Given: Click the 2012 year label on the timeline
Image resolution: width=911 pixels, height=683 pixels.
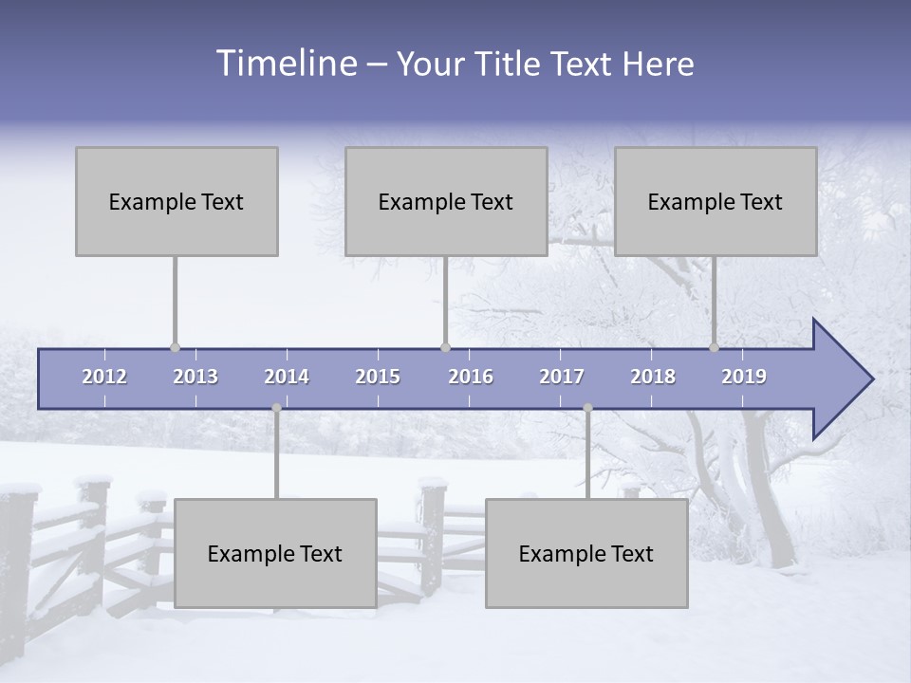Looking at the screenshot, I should (x=104, y=377).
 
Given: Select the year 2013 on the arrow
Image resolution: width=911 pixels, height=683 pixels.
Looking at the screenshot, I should (x=195, y=377).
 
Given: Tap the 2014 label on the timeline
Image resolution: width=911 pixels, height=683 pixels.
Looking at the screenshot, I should (x=287, y=377).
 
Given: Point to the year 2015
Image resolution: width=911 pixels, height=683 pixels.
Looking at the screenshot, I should (x=378, y=377).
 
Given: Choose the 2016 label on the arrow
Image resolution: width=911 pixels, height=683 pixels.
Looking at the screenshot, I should (x=471, y=377).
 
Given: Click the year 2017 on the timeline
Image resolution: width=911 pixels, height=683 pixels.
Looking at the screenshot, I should (x=562, y=377).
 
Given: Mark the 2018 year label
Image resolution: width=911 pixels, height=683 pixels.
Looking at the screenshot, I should (x=653, y=377).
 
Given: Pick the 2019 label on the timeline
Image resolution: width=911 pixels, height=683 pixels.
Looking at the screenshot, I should (x=744, y=377).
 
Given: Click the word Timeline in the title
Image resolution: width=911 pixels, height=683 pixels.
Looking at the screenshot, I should (x=286, y=64).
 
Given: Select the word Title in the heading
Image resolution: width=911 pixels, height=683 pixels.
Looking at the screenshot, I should (x=512, y=65).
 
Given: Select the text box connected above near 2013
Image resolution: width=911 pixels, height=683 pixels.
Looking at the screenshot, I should (x=177, y=201).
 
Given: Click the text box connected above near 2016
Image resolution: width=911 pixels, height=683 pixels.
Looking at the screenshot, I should (x=446, y=201).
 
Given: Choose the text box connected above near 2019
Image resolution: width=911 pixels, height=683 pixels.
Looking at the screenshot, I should (x=716, y=201).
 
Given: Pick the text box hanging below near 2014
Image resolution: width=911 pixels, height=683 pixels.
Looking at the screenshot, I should (x=275, y=553).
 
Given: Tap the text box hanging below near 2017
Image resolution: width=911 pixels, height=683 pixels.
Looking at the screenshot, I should (x=586, y=553).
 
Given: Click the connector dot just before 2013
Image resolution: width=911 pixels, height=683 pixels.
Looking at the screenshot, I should (x=175, y=347).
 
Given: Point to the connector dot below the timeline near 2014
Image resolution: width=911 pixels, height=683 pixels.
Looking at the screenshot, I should (x=276, y=408).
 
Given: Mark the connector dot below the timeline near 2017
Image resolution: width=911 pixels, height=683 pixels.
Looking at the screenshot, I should (x=587, y=408).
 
